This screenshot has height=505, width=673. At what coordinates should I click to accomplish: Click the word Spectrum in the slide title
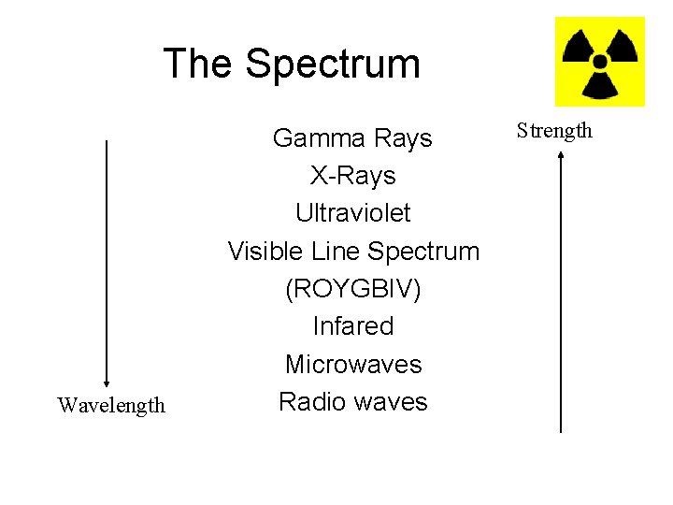point(333,65)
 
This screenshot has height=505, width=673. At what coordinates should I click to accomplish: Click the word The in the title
point(199,64)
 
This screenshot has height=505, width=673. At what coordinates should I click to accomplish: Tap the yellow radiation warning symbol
point(599,62)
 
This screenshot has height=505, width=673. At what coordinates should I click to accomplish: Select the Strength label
point(555,130)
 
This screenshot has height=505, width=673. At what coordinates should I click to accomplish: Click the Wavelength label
point(111,405)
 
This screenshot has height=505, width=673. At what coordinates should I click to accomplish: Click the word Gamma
point(313,138)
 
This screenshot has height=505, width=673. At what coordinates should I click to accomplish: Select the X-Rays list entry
point(353,176)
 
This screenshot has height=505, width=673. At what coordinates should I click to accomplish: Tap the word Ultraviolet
point(353,213)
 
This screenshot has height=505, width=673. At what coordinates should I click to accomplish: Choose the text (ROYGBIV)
point(353,290)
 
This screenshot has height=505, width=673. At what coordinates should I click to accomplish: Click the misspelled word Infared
point(353,326)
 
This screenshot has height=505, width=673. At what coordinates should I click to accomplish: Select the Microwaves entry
point(353,365)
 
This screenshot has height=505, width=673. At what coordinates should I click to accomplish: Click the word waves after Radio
point(390,402)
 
